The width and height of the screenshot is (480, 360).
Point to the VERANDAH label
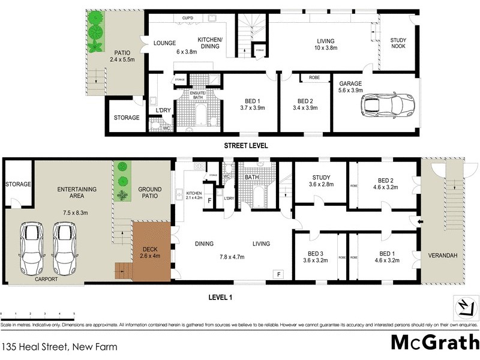pos(443,255)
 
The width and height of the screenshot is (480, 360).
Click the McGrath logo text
pos(434,341)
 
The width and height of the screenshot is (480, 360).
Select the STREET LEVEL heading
pos(245,146)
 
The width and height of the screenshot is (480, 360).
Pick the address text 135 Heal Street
pos(59,347)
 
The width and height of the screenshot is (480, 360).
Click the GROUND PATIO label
pos(150,193)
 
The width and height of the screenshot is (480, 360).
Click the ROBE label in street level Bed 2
pos(314,77)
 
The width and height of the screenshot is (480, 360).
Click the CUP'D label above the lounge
pos(187,18)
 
